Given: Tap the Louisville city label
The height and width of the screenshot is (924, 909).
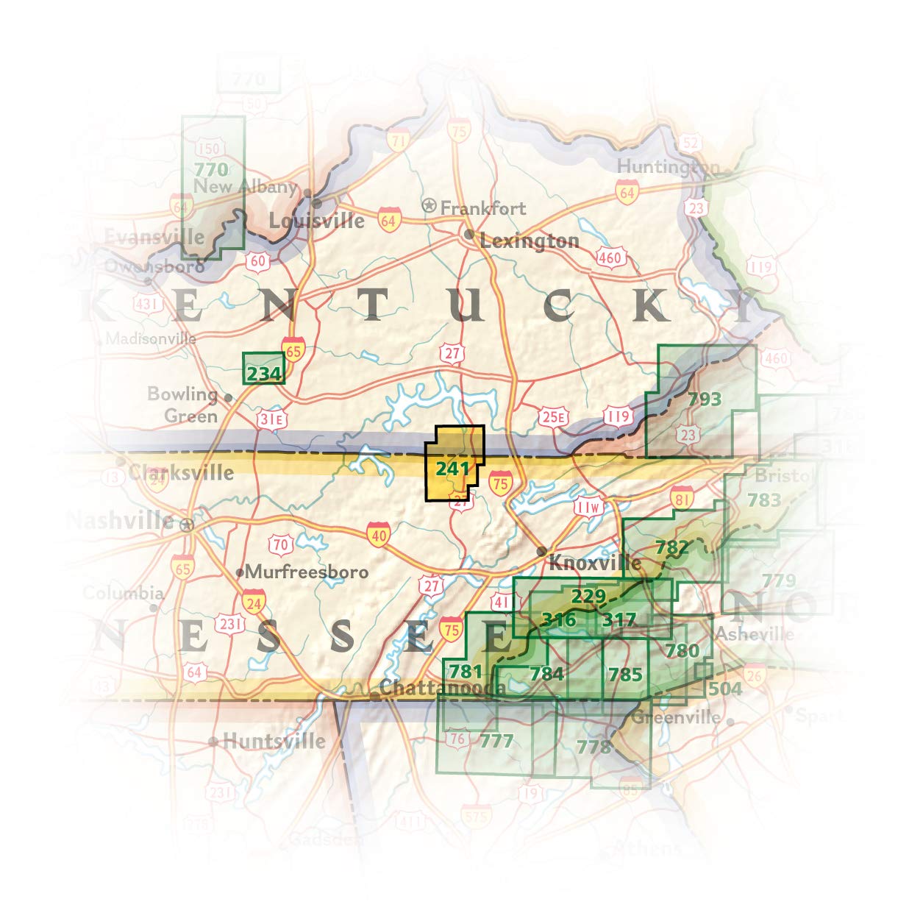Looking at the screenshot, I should click(316, 220).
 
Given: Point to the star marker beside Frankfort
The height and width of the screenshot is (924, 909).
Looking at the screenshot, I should click(429, 205).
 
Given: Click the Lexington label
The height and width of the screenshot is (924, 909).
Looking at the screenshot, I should click(529, 241).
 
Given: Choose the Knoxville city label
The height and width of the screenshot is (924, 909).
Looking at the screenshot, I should click(595, 564).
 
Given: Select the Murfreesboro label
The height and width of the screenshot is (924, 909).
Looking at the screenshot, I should click(307, 572).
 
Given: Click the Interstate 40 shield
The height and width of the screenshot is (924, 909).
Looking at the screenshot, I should click(379, 536).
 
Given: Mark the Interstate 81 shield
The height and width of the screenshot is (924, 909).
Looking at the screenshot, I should click(682, 498).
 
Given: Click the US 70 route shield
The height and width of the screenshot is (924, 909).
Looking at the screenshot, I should click(280, 546).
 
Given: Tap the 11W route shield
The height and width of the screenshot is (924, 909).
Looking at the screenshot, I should click(588, 508).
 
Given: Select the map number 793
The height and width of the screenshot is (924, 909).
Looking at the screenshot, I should click(705, 399).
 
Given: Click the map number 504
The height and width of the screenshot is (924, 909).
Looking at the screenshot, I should click(724, 689).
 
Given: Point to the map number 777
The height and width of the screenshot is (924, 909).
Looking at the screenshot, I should click(496, 740).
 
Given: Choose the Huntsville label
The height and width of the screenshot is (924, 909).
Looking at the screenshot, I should click(274, 741).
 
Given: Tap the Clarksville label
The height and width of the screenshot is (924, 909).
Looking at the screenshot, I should click(181, 472).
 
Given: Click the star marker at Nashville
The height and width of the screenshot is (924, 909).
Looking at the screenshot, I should click(188, 525).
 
